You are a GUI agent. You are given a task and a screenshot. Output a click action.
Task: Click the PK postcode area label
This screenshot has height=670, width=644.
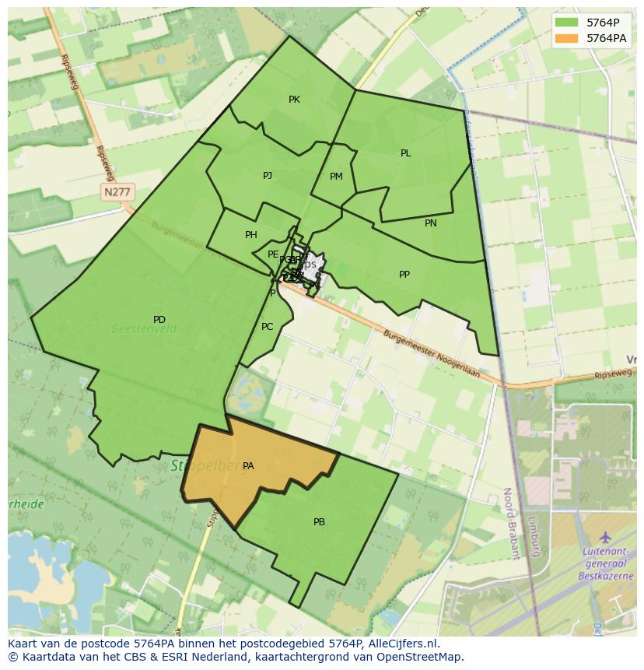click(x=294, y=100)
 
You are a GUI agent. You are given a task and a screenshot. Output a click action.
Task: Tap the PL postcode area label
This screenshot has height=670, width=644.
click(x=405, y=153)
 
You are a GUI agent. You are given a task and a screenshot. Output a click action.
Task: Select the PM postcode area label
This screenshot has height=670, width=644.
click(x=336, y=177)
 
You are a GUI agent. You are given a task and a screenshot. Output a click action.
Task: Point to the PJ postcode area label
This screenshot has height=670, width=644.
click(x=268, y=176)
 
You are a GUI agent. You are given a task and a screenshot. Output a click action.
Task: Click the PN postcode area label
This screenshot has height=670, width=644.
click(x=431, y=223)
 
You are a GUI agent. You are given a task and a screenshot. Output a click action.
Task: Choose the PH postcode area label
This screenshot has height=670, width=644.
click(x=251, y=235)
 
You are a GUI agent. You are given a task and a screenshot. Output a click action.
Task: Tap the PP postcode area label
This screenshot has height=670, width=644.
click(x=404, y=275)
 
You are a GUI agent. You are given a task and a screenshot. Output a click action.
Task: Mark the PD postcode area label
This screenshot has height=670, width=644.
click(x=159, y=320)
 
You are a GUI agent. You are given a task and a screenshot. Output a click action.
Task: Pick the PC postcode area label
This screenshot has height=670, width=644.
click(x=268, y=327)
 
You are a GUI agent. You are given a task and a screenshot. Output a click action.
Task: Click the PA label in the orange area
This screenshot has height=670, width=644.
click(x=248, y=466)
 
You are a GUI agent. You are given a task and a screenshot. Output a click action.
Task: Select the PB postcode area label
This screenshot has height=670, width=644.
click(x=319, y=522)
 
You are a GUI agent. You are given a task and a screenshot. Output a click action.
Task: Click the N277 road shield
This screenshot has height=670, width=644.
click(x=117, y=191)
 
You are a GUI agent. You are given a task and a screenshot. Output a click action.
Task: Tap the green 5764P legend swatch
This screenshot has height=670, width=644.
click(x=567, y=23)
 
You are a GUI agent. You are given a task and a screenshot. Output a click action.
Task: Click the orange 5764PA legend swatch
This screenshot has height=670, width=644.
click(x=567, y=38)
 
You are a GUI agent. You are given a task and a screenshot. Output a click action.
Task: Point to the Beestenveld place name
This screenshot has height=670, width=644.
click(x=144, y=330)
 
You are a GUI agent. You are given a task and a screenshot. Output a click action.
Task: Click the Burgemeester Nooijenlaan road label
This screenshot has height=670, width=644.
click(x=432, y=355)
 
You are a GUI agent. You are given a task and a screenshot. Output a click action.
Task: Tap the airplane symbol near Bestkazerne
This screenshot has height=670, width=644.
click(x=605, y=538)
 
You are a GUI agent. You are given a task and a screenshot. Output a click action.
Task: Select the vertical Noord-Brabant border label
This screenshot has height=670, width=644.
click(x=510, y=524)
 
